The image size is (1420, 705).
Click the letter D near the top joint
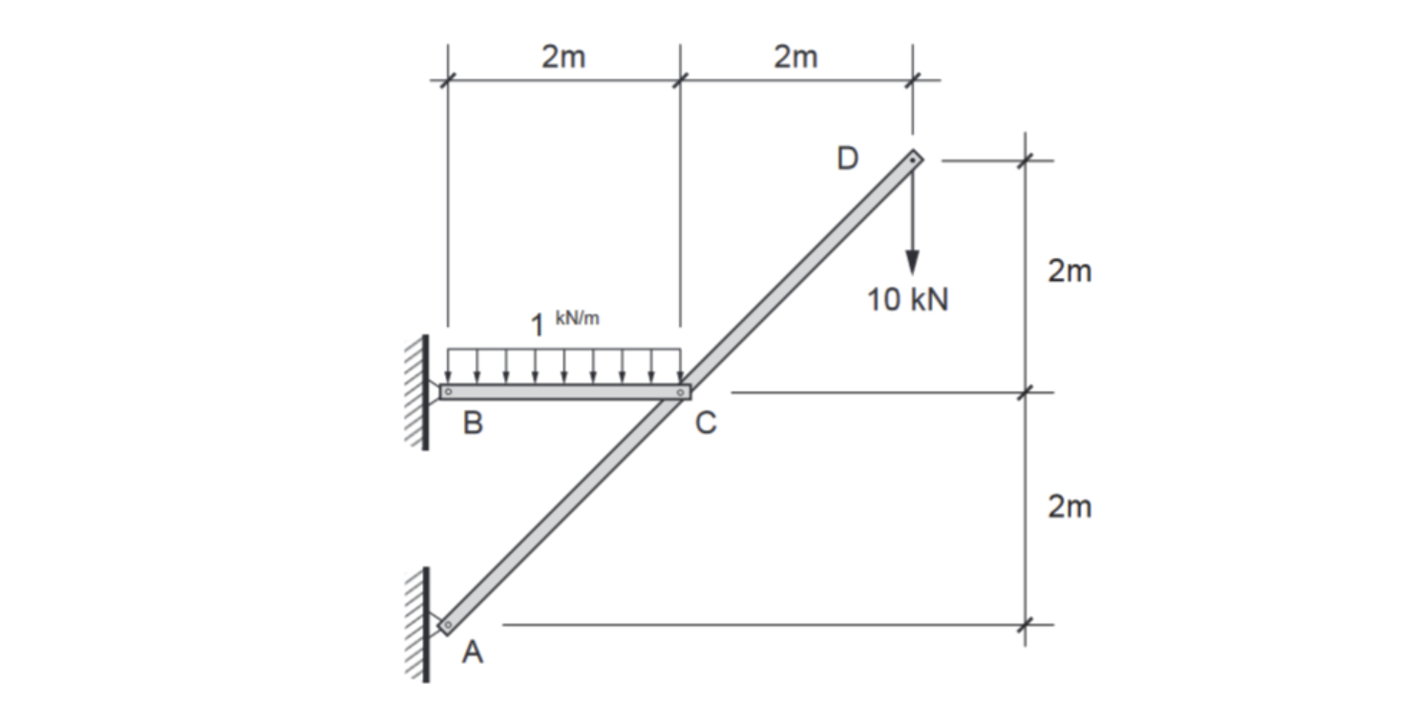click(847, 159)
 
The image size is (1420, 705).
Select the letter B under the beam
click(473, 423)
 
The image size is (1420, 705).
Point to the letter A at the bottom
click(472, 653)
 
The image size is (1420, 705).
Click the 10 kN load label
click(907, 300)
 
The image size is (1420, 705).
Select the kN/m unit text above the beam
click(578, 318)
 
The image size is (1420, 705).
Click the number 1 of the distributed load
click(539, 326)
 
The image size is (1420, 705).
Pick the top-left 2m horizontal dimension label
click(563, 57)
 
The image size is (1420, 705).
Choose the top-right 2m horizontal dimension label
click(795, 57)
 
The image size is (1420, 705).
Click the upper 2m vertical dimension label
click(1070, 271)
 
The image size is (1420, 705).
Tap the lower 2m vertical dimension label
click(1070, 506)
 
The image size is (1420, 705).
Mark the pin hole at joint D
click(912, 160)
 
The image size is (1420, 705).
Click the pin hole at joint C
click(680, 392)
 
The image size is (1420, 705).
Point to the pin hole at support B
click(447, 392)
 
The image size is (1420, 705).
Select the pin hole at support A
click(446, 625)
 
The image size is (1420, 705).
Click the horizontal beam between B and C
click(563, 392)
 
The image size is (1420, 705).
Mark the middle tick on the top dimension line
click(680, 80)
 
